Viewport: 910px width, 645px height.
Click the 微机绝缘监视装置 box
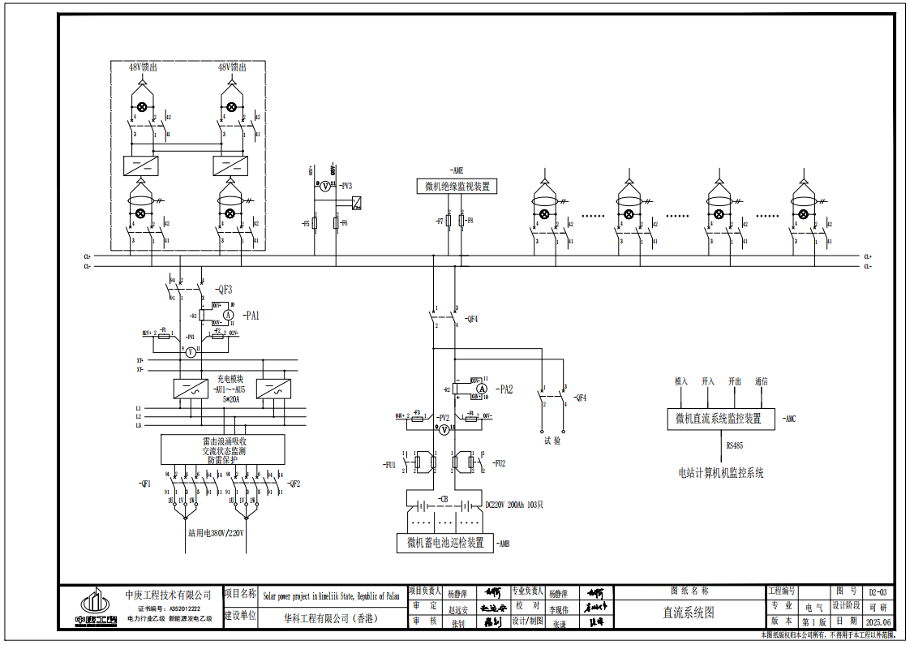457,187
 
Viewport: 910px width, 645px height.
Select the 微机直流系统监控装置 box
719,419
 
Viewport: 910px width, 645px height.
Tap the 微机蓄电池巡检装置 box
444,543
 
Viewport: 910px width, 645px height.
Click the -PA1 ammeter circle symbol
229,315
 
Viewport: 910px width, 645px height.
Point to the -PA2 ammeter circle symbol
481,390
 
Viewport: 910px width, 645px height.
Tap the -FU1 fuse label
389,465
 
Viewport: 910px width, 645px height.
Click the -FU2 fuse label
498,464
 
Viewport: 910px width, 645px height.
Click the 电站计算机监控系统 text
720,472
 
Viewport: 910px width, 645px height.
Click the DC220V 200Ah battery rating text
513,505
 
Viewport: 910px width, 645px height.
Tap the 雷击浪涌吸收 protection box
223,449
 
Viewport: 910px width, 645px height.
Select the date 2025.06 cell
878,621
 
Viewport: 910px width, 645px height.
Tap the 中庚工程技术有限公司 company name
168,595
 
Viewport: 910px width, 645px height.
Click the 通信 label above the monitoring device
761,381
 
